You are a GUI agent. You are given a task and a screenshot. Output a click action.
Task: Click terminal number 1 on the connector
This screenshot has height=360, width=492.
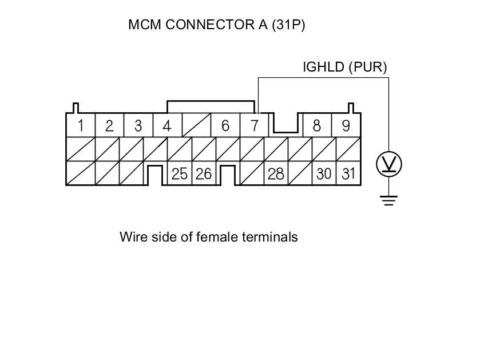pos(81,126)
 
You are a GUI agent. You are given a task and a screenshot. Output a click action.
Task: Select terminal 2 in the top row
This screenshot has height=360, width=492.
pos(109,126)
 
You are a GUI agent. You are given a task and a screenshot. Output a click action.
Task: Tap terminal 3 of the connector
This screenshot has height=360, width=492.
pos(138,126)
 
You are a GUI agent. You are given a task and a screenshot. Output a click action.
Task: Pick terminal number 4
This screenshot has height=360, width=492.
pos(166,126)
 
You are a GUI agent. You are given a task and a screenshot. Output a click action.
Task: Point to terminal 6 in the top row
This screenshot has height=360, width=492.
pos(225,126)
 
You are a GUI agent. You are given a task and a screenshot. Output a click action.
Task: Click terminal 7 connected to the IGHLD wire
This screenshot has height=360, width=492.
pos(255,126)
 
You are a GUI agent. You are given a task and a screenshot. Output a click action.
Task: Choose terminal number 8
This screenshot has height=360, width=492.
pos(316,126)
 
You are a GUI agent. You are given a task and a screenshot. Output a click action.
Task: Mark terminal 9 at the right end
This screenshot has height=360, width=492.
pos(346,126)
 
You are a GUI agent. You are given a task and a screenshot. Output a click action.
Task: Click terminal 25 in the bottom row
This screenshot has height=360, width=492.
pos(180,174)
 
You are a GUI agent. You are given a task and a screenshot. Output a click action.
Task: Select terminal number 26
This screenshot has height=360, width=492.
pos(204,174)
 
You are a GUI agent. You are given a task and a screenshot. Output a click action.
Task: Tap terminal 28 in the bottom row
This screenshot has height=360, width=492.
pos(276,174)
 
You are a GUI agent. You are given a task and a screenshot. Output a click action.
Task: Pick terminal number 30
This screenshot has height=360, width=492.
pos(324,174)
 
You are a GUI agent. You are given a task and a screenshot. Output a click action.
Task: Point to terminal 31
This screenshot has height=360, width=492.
pos(348,174)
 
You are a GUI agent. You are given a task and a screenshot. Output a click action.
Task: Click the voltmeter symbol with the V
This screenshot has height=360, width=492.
pos(388,165)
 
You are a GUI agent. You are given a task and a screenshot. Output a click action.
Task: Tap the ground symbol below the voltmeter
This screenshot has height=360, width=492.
pos(388,200)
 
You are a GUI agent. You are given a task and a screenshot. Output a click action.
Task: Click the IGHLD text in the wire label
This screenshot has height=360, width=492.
pos(323,67)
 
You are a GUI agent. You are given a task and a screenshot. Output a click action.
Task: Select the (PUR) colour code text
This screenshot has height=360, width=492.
pos(367,67)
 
